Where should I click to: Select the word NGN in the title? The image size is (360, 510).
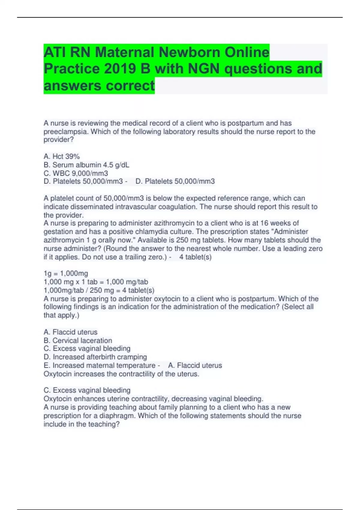(x=204, y=69)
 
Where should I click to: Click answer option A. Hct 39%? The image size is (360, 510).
(x=62, y=156)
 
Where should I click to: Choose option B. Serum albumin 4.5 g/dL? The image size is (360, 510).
(x=86, y=165)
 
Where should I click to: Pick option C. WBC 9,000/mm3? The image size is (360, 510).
(x=76, y=173)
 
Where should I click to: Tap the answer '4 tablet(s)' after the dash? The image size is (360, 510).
(x=195, y=257)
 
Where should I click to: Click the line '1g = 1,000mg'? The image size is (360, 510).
(x=66, y=273)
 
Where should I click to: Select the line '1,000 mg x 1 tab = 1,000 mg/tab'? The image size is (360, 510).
(x=96, y=282)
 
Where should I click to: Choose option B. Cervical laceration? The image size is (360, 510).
(x=78, y=340)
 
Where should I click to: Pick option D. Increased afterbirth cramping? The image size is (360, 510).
(x=95, y=357)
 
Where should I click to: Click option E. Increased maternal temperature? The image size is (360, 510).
(x=99, y=365)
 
